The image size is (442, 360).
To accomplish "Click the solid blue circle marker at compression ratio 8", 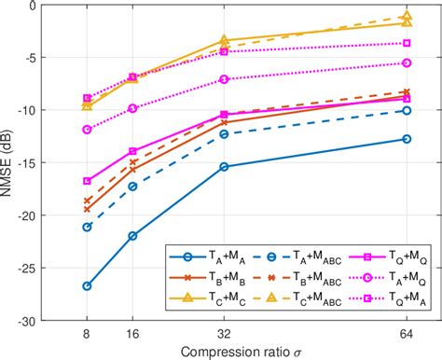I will coord(87,285).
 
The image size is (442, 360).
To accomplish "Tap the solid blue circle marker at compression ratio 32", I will coord(224,167).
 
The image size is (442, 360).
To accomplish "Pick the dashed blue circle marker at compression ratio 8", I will coord(87,227).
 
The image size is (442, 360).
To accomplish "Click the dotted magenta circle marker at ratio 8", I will coord(87,130).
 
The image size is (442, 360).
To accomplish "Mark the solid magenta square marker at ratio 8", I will coord(87,181).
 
